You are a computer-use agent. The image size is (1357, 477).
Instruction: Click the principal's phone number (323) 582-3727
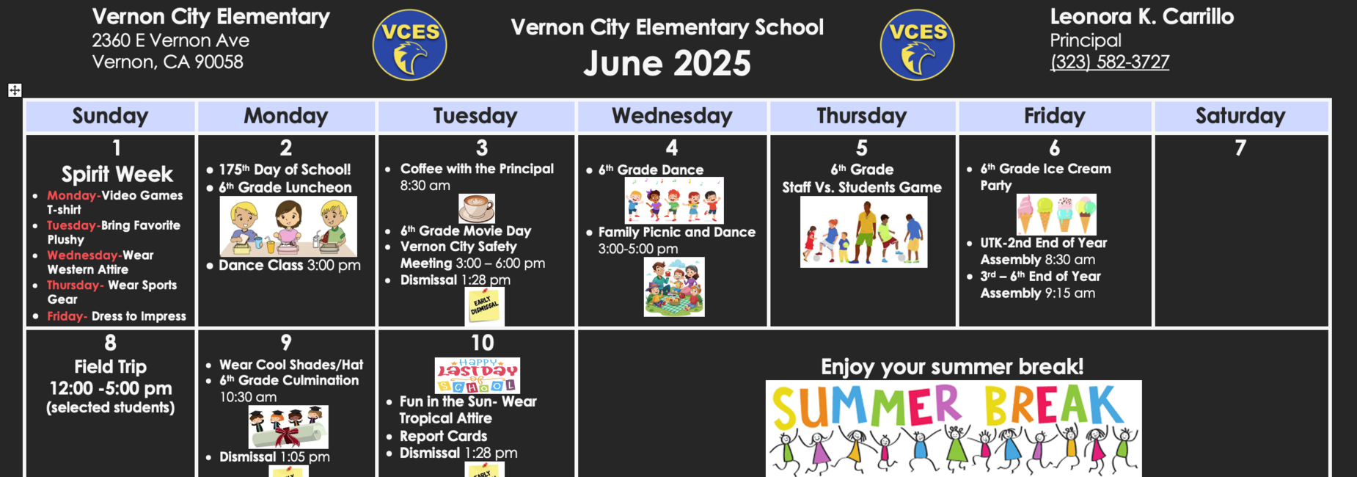click(1109, 62)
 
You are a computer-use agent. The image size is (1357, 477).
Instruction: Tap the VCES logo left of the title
click(409, 45)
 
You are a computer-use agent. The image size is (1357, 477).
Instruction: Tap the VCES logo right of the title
click(917, 45)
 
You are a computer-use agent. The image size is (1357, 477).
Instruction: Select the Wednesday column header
click(672, 116)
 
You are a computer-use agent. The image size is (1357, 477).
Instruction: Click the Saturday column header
click(1240, 116)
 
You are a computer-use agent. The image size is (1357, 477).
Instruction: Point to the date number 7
click(1240, 148)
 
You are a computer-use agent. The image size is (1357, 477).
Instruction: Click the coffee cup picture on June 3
click(477, 208)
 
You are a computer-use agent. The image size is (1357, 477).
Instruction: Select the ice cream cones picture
click(1056, 214)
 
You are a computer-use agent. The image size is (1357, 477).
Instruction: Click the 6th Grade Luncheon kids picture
click(288, 226)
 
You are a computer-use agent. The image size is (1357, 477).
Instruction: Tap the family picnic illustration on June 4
click(674, 287)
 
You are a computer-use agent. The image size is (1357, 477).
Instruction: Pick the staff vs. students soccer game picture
click(863, 233)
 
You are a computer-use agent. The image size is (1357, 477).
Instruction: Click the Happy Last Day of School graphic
click(478, 376)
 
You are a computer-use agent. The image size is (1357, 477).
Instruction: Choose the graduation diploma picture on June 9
click(288, 427)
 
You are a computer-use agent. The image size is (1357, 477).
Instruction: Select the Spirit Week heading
click(117, 175)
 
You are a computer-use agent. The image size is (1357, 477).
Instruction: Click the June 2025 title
click(667, 63)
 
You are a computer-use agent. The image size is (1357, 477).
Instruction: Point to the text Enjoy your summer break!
click(952, 367)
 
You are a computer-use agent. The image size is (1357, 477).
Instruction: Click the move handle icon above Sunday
click(15, 90)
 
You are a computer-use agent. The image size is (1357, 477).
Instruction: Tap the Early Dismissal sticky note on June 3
click(485, 306)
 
